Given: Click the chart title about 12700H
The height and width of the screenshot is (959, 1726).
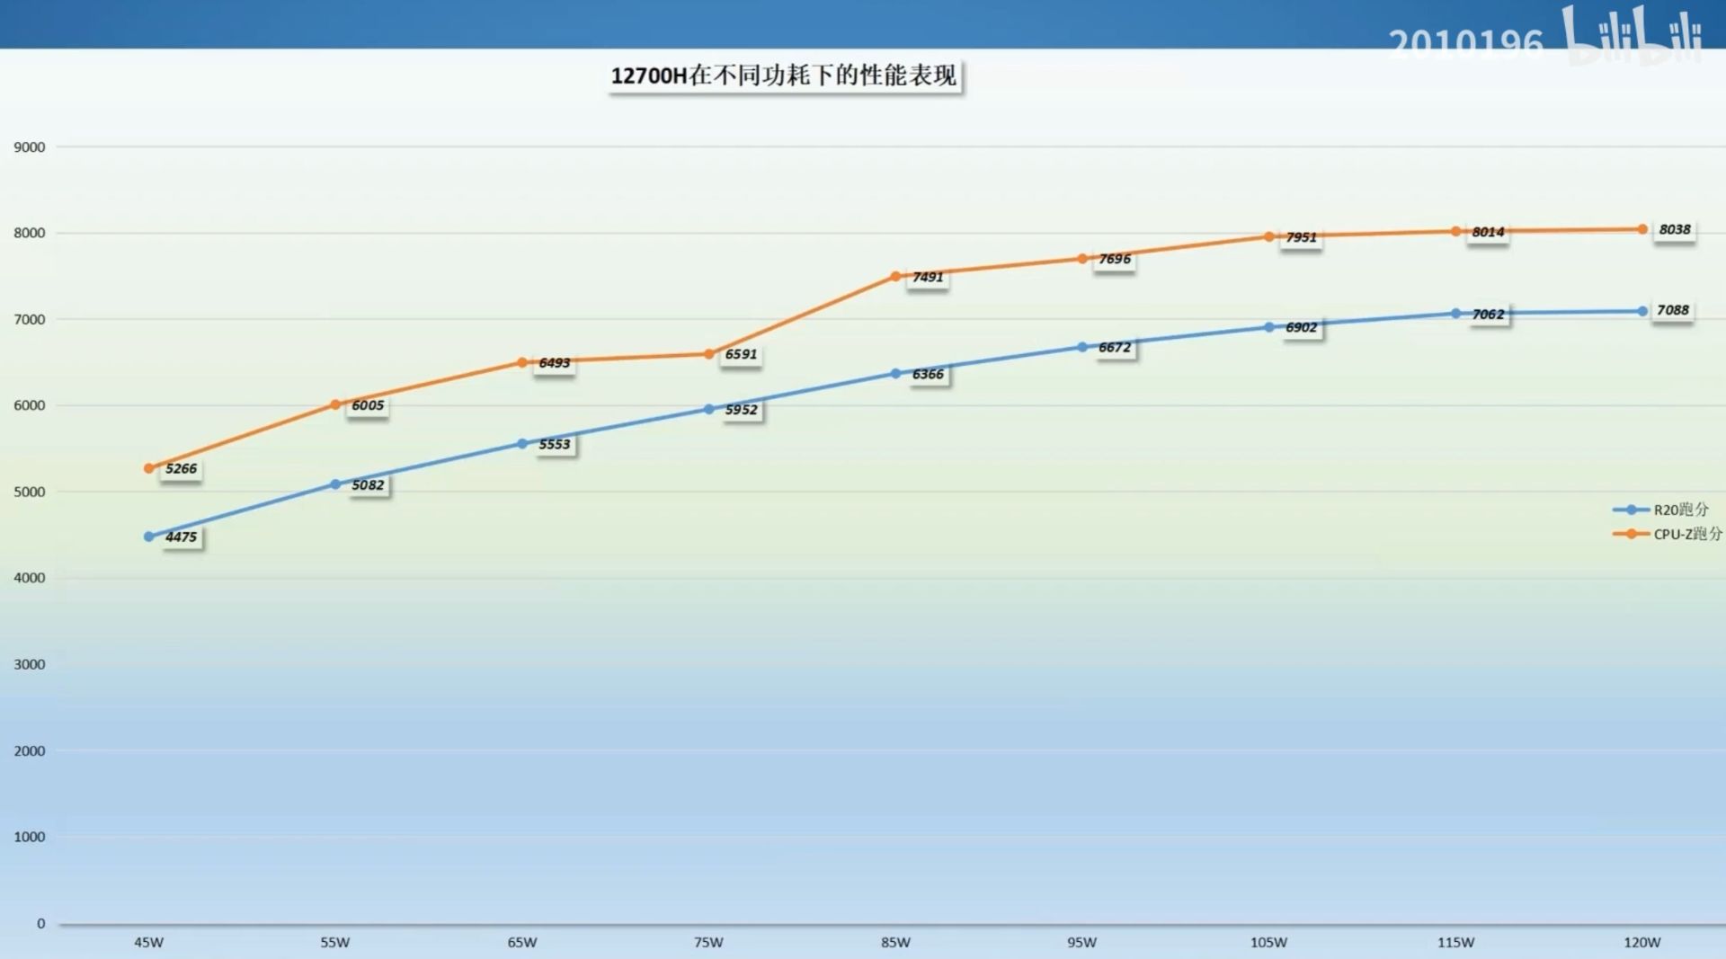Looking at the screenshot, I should pyautogui.click(x=784, y=75).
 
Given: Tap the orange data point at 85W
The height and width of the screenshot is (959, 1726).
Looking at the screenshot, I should pyautogui.click(x=895, y=277).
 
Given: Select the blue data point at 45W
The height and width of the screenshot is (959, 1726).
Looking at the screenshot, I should pyautogui.click(x=149, y=537).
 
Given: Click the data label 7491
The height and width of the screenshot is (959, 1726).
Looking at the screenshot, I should pyautogui.click(x=928, y=277).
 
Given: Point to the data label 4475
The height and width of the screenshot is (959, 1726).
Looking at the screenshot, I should pyautogui.click(x=181, y=537).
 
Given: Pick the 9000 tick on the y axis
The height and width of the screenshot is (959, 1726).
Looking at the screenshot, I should pyautogui.click(x=30, y=147).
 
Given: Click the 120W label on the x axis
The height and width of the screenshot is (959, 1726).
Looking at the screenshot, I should pyautogui.click(x=1641, y=943).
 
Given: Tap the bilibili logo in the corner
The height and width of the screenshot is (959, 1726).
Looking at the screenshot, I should pyautogui.click(x=1633, y=36).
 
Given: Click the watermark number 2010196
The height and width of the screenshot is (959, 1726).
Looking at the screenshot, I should pyautogui.click(x=1465, y=43).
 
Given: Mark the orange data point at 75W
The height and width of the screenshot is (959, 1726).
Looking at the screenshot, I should pyautogui.click(x=708, y=354).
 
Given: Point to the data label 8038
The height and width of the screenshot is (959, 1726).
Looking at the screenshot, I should pyautogui.click(x=1674, y=230).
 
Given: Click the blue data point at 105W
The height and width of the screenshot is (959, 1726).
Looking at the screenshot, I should pyautogui.click(x=1269, y=327).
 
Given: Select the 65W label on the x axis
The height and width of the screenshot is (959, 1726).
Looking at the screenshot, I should pyautogui.click(x=521, y=943).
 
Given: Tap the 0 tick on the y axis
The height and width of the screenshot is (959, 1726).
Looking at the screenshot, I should pyautogui.click(x=40, y=924).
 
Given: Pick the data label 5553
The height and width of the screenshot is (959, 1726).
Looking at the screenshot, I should pyautogui.click(x=555, y=444).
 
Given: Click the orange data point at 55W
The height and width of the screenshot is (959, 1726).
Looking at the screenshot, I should pyautogui.click(x=335, y=405).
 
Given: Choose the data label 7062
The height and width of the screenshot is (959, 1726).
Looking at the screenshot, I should pyautogui.click(x=1488, y=315).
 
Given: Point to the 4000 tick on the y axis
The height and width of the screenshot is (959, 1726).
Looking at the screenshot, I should pyautogui.click(x=30, y=578).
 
